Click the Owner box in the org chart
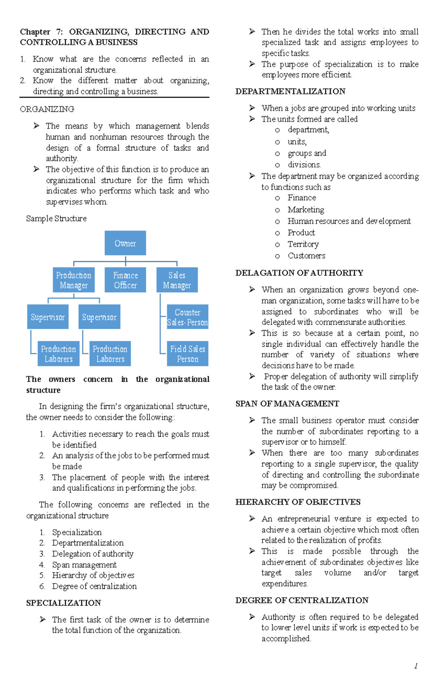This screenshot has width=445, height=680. [125, 243]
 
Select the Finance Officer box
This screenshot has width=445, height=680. [125, 280]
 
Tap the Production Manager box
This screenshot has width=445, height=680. [73, 280]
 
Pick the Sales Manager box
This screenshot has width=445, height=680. [177, 280]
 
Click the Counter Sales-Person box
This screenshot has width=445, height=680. [187, 317]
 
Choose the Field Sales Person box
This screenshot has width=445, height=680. [187, 354]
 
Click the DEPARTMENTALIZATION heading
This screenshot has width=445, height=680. [290, 92]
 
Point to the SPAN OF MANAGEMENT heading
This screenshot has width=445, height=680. [287, 404]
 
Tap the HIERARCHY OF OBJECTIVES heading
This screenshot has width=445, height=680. [298, 502]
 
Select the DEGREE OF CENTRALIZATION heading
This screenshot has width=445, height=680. [302, 600]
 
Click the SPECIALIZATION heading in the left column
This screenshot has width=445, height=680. [63, 603]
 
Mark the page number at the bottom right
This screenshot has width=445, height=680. [416, 666]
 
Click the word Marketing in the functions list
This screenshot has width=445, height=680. [306, 210]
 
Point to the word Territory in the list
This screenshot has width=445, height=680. [303, 244]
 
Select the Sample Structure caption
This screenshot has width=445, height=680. [56, 219]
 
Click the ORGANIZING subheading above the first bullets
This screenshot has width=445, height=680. [47, 109]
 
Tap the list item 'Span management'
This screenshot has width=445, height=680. [84, 565]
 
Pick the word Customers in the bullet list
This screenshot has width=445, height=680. [306, 256]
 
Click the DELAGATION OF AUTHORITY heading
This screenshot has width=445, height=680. [299, 273]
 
